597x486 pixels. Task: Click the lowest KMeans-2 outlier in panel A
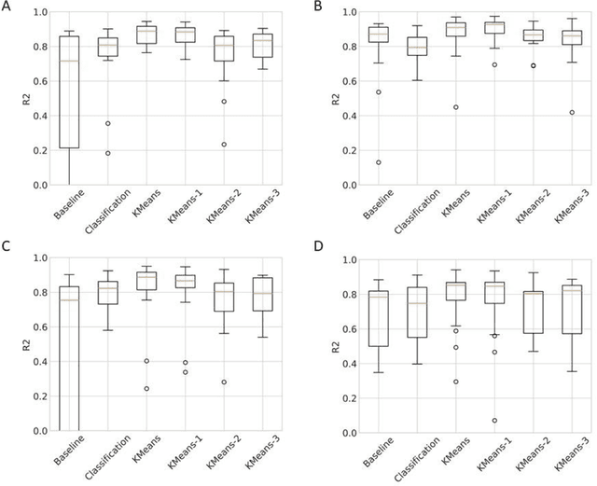click(224, 144)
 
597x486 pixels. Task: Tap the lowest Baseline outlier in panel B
click(378, 162)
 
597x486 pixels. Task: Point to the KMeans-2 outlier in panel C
click(224, 382)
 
